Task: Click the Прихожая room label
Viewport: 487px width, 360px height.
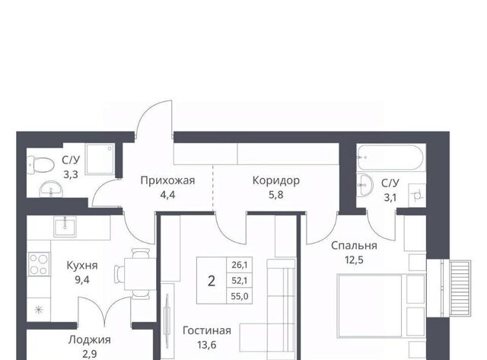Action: point(167,180)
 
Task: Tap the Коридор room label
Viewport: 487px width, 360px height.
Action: point(275,180)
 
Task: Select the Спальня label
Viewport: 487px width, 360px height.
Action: point(354,245)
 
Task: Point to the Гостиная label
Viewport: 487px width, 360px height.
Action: point(206,330)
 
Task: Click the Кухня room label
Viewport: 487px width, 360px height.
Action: point(82,266)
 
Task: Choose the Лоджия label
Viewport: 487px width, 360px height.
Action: point(90,339)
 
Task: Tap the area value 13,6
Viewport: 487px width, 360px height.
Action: point(206,345)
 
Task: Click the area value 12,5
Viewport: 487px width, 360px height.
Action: point(354,260)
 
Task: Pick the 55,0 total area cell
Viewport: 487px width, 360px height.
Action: point(240,296)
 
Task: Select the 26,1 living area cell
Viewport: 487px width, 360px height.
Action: point(240,265)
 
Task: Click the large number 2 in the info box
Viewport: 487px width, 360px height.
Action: point(212,281)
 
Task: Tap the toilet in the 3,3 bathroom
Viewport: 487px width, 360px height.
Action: point(41,165)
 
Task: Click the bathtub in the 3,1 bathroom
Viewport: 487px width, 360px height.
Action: point(390,158)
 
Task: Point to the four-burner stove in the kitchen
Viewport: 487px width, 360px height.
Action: point(39,264)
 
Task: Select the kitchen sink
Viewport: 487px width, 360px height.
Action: point(65,227)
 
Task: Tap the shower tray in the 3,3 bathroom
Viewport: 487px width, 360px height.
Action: point(99,159)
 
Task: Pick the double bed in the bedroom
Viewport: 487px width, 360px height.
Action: point(381,306)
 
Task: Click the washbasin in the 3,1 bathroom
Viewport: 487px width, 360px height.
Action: point(364,185)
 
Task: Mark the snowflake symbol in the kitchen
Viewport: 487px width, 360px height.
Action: point(39,309)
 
